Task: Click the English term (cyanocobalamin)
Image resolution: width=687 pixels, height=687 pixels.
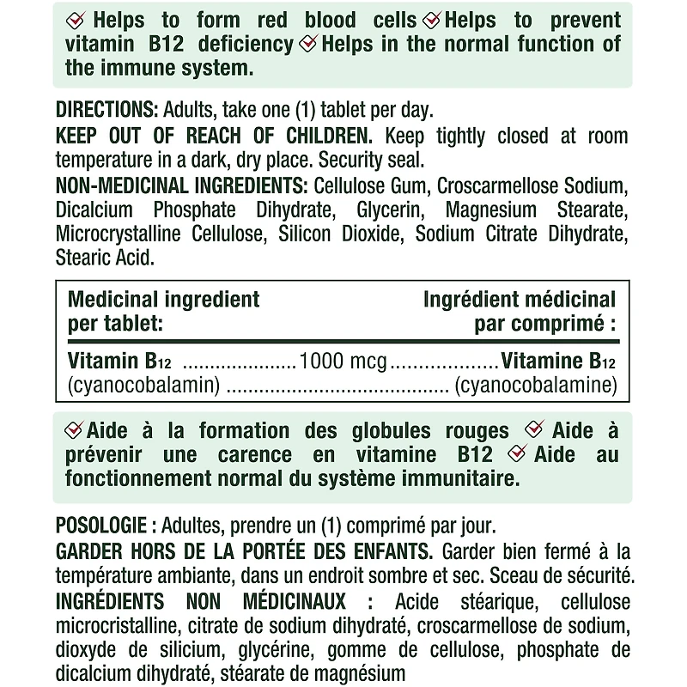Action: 144,386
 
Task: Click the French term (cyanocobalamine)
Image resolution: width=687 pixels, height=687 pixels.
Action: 536,386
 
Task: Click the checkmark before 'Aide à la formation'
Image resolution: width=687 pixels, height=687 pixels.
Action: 74,430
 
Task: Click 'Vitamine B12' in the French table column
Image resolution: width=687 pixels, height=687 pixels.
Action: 558,361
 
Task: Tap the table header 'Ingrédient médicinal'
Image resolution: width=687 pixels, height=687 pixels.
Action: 520,300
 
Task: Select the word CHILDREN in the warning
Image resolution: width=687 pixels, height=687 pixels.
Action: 327,137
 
